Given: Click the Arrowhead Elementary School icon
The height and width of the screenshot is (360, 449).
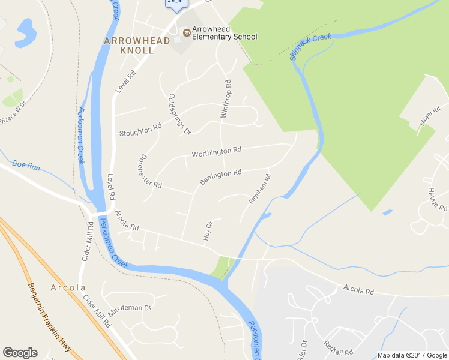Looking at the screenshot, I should (x=187, y=32).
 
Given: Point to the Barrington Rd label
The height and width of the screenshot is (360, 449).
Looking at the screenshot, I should (x=220, y=176).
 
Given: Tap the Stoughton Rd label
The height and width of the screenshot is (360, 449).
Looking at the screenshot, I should (x=140, y=130).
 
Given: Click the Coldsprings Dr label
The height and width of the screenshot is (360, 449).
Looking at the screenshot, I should (x=179, y=114).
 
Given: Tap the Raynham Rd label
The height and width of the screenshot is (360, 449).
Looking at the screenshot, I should (x=259, y=190).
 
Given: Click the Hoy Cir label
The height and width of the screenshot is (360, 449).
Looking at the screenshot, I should (x=208, y=232).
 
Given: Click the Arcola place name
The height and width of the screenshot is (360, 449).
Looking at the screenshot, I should (x=68, y=287).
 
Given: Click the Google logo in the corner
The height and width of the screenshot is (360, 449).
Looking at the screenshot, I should (x=20, y=353).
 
